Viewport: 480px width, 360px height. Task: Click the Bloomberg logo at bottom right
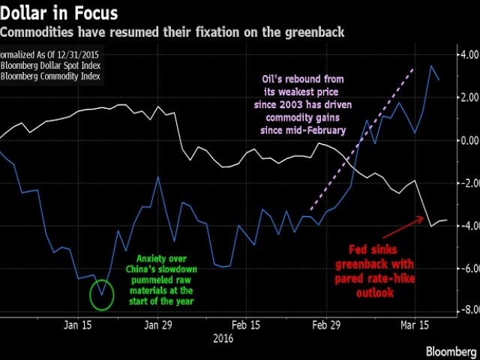(450, 351)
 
